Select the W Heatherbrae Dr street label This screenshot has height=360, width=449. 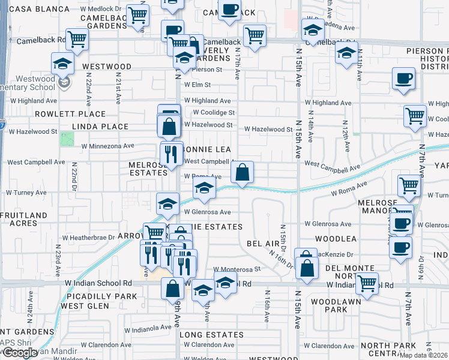92,238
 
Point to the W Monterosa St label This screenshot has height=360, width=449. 237,270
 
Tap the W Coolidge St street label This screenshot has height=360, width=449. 213,113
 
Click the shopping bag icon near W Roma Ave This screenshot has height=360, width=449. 241,173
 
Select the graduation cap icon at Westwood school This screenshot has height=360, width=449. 62,63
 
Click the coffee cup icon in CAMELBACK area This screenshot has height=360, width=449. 229,10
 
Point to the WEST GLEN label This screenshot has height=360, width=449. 85,306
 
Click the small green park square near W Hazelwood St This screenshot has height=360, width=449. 67,139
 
